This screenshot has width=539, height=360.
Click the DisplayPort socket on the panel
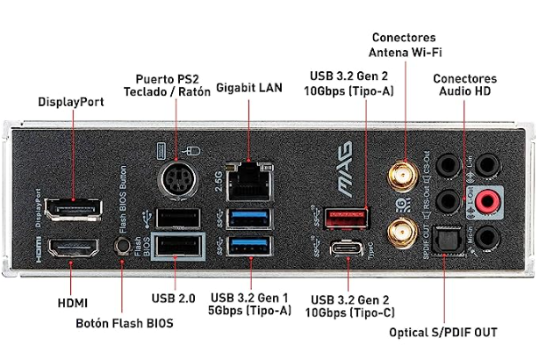click(x=73, y=211)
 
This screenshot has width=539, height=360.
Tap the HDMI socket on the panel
click(x=73, y=250)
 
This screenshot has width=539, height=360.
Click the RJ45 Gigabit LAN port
click(x=250, y=182)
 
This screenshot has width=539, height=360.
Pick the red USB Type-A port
click(x=349, y=216)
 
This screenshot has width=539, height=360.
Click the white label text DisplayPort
click(x=70, y=102)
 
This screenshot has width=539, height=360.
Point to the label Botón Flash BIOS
click(x=125, y=323)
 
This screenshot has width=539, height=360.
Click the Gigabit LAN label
click(x=248, y=88)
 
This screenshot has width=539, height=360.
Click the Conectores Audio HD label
click(x=464, y=84)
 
